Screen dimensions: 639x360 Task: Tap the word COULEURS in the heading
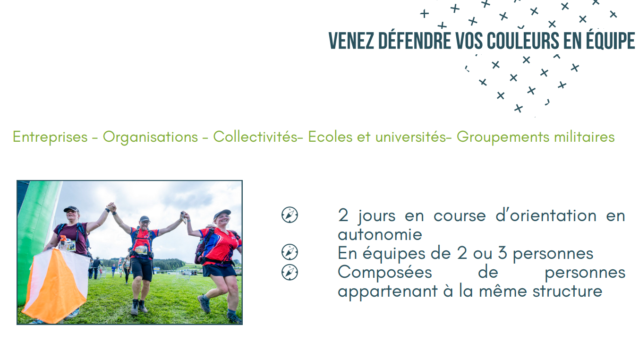pos(523,41)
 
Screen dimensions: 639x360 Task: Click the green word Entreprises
pos(50,137)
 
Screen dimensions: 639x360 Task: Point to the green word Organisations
pos(150,137)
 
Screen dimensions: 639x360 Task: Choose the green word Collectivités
pos(256,137)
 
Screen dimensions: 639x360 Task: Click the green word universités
pos(411,137)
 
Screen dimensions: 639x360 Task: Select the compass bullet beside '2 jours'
pos(290,215)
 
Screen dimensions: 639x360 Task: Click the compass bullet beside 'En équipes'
pos(290,252)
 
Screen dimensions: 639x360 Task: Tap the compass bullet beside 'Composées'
pos(290,272)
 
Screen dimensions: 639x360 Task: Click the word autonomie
pos(380,234)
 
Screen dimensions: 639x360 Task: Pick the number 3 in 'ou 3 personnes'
pos(503,253)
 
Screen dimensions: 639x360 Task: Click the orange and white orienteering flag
pos(56,285)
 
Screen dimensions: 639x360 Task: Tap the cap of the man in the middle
pos(145,219)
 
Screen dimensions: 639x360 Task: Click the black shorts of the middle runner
pos(142,268)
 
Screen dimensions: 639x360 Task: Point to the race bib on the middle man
pos(141,250)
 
